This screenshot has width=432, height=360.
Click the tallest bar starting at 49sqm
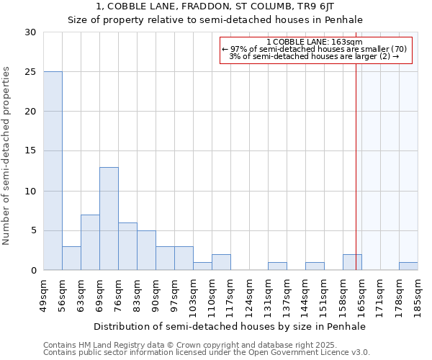[x=53, y=171]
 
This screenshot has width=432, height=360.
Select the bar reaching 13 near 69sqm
[x=109, y=218]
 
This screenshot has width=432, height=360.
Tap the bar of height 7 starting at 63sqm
[x=90, y=242]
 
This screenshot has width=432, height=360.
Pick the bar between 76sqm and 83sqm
[x=127, y=246]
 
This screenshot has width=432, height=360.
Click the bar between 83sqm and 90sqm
[x=146, y=250]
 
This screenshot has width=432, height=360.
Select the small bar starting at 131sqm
[x=277, y=266]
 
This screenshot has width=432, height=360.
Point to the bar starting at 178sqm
[x=408, y=266]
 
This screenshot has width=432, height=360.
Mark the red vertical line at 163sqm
[x=356, y=158]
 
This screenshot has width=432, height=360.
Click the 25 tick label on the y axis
[x=30, y=72]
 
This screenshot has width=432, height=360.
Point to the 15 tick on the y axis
[x=30, y=151]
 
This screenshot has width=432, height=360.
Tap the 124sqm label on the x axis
[x=250, y=296]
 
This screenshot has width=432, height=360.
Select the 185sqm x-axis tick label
[x=418, y=296]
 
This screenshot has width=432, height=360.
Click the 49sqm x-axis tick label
[x=44, y=296]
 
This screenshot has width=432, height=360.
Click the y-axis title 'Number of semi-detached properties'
[x=7, y=156]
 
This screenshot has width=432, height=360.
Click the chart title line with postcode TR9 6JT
[x=215, y=7]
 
